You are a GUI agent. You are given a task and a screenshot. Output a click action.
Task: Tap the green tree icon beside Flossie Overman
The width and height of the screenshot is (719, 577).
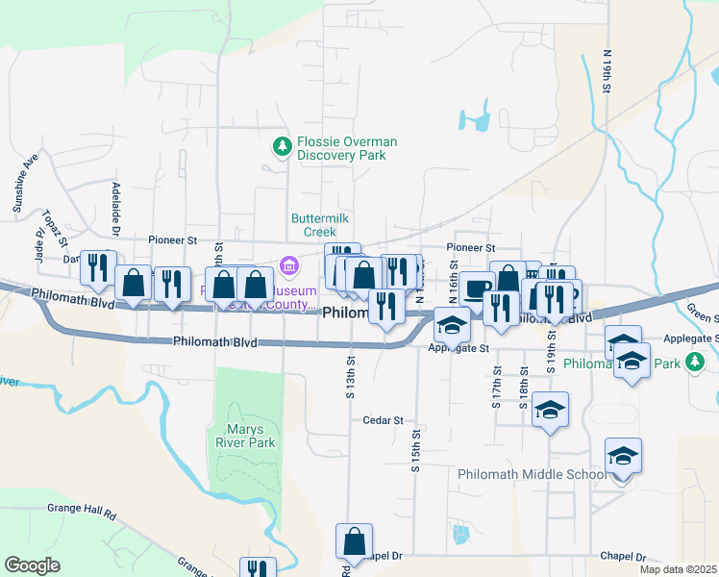click(x=282, y=146)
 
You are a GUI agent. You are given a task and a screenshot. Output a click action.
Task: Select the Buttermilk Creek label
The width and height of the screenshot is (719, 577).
click(x=314, y=225)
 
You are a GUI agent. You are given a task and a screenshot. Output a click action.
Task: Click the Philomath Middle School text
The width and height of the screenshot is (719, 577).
click(x=532, y=474)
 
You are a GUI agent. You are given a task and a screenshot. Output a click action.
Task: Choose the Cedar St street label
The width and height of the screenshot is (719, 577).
click(x=383, y=420)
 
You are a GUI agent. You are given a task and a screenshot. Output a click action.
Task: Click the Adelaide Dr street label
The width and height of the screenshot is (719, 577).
click(x=115, y=209)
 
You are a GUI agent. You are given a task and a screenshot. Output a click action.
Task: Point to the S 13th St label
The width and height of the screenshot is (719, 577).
click(x=352, y=370)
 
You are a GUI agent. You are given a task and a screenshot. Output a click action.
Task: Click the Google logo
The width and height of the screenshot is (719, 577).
click(x=32, y=564)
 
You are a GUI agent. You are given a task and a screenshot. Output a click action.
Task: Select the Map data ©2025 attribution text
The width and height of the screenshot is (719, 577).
click(x=677, y=569)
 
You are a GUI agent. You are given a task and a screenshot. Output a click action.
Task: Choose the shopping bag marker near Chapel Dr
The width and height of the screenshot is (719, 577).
click(x=354, y=540)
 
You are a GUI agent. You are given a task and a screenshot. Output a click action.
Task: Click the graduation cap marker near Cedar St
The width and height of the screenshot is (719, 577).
click(x=550, y=409)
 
